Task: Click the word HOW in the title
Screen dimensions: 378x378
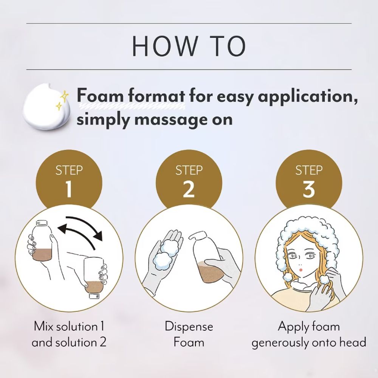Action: coord(164,46)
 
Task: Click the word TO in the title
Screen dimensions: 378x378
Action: coord(229,46)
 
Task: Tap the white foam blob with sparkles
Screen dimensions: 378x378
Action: coord(46,106)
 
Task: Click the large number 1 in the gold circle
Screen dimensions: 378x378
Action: coord(69,189)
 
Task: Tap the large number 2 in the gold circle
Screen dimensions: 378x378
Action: coord(189,189)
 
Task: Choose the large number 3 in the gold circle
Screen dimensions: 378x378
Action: coord(309,189)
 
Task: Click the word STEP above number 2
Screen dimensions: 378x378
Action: coord(189,170)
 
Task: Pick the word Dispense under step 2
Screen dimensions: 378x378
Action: coord(189,327)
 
